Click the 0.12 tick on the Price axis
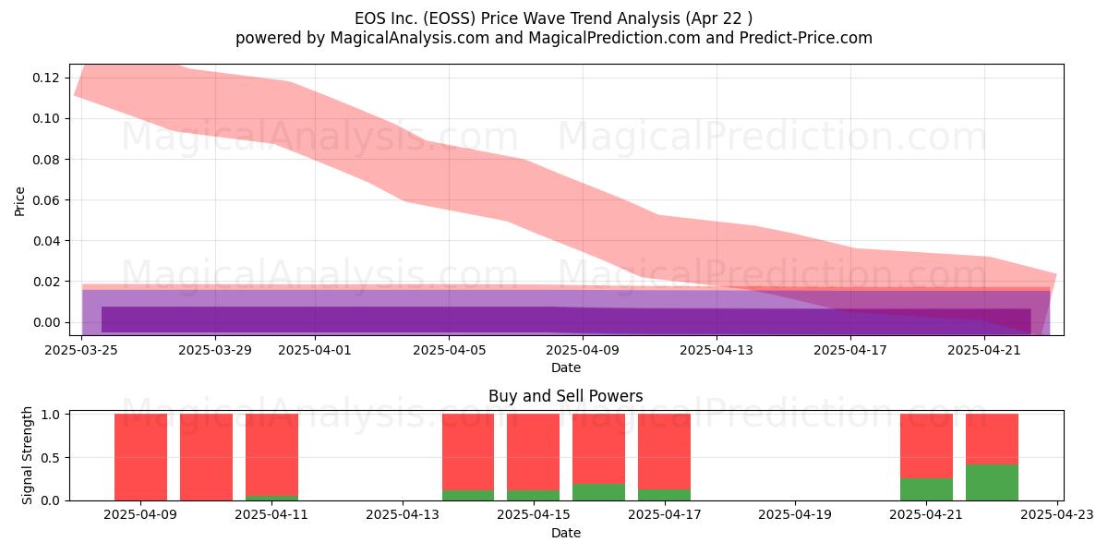coord(46,78)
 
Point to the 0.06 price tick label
coord(46,200)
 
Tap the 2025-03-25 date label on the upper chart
coord(81,350)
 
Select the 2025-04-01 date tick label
coord(315,350)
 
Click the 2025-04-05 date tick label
coord(449,350)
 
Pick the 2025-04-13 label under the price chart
coord(717,350)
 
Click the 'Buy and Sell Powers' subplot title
coord(566,396)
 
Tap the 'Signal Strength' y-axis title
coord(27,455)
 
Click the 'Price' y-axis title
coord(19,201)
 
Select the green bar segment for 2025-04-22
coord(992,482)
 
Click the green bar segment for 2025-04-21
coord(926,489)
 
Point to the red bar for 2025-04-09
coord(140,457)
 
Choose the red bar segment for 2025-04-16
coord(598,449)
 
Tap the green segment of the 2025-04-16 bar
coord(598,492)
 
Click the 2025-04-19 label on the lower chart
coord(795,515)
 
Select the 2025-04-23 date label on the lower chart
coord(1057,515)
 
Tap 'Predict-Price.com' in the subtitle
coord(806,38)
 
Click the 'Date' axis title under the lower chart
coord(566,533)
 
